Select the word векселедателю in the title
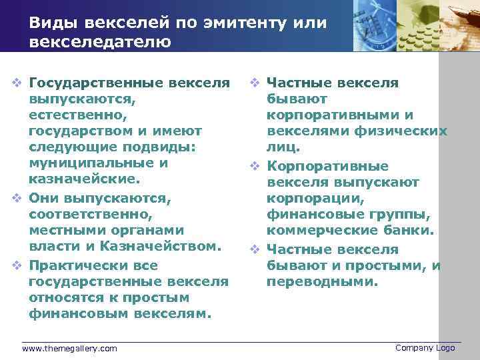coord(100,42)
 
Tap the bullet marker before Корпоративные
coord(254,166)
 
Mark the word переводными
coord(322,281)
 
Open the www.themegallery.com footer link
coord(69,349)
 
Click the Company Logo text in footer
coord(425,348)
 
